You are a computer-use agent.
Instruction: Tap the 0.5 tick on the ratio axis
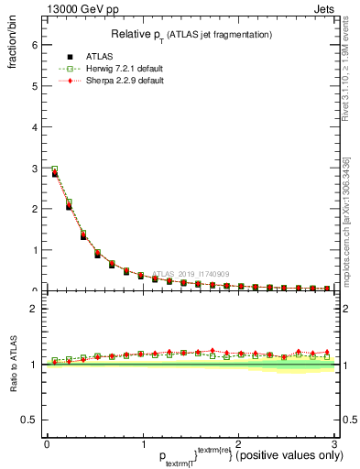(30, 420)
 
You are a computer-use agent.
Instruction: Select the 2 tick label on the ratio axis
(34, 308)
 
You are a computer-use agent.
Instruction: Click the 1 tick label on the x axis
(142, 444)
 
